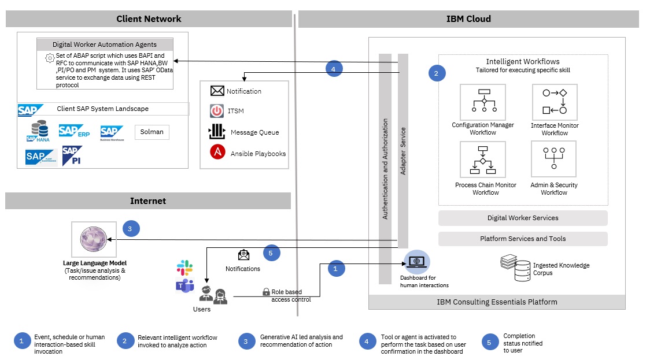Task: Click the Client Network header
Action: coord(149,18)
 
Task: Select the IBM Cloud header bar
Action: coord(468,18)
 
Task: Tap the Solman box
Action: coord(152,132)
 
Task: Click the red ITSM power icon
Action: coord(217,111)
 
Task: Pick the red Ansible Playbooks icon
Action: coord(217,153)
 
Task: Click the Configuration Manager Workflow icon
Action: coord(482,102)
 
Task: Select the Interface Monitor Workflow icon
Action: coord(554,102)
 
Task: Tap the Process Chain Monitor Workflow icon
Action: coord(482,160)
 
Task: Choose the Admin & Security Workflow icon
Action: coord(554,160)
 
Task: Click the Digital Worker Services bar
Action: coord(523,218)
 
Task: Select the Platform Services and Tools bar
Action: coord(523,239)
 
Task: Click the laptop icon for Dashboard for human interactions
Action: coord(416,262)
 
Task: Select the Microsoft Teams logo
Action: coord(184,285)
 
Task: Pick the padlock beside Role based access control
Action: coord(266,292)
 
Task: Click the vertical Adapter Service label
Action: coord(403,151)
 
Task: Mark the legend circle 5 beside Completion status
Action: coord(489,342)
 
